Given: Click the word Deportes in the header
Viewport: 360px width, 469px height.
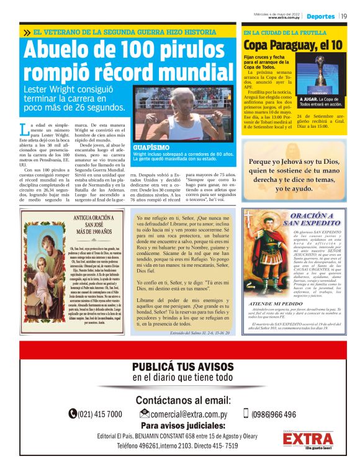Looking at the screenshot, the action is (320, 16).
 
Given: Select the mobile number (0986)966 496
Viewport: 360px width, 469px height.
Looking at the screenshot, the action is (273, 414).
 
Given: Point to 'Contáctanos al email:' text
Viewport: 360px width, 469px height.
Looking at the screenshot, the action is (182, 400).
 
